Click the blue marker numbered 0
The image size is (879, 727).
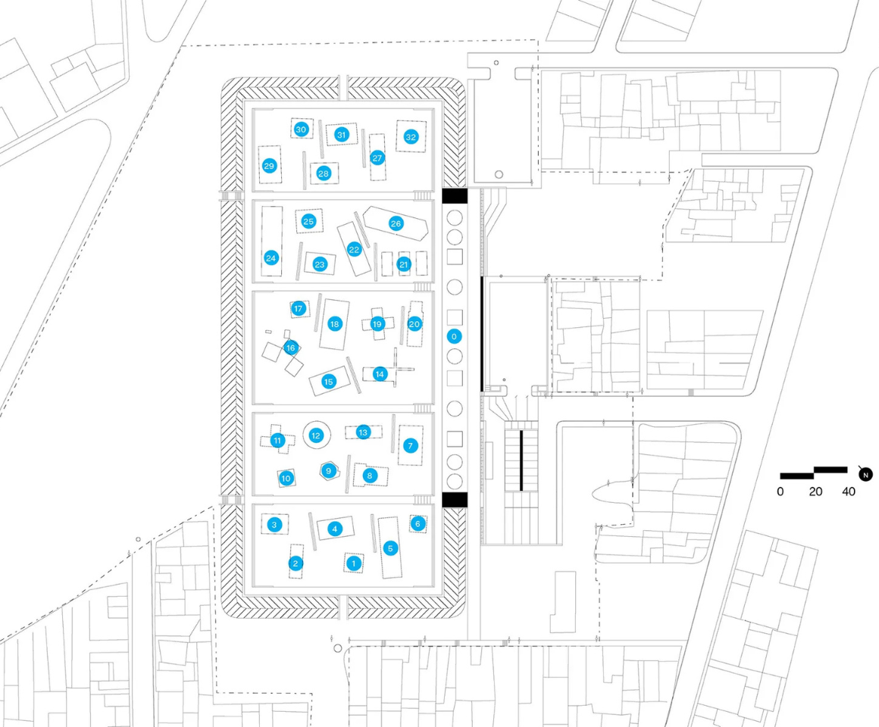coord(454,336)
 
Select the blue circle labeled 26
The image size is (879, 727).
coord(396,223)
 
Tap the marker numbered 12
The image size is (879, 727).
coord(316,435)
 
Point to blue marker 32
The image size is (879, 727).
coord(411,136)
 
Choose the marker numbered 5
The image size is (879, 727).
coord(391,548)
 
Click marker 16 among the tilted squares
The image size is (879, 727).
coord(290,348)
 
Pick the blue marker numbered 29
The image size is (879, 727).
coord(269,166)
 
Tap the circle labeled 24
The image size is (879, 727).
coord(271,258)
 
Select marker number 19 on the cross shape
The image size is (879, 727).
coord(377,323)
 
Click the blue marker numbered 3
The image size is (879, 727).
coord(274,525)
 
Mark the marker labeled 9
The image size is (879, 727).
coord(329,471)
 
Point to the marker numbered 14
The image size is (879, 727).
coord(380,373)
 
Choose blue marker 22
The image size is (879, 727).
coord(354,250)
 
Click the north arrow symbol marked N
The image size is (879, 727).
coord(865,474)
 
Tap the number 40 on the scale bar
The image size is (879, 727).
coord(849,491)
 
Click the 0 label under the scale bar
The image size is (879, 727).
coord(780,491)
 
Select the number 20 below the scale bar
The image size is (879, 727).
coord(815,491)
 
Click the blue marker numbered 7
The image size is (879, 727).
coord(411,445)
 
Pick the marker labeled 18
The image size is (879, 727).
coord(335,323)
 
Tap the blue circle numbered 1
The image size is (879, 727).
coord(354,563)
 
